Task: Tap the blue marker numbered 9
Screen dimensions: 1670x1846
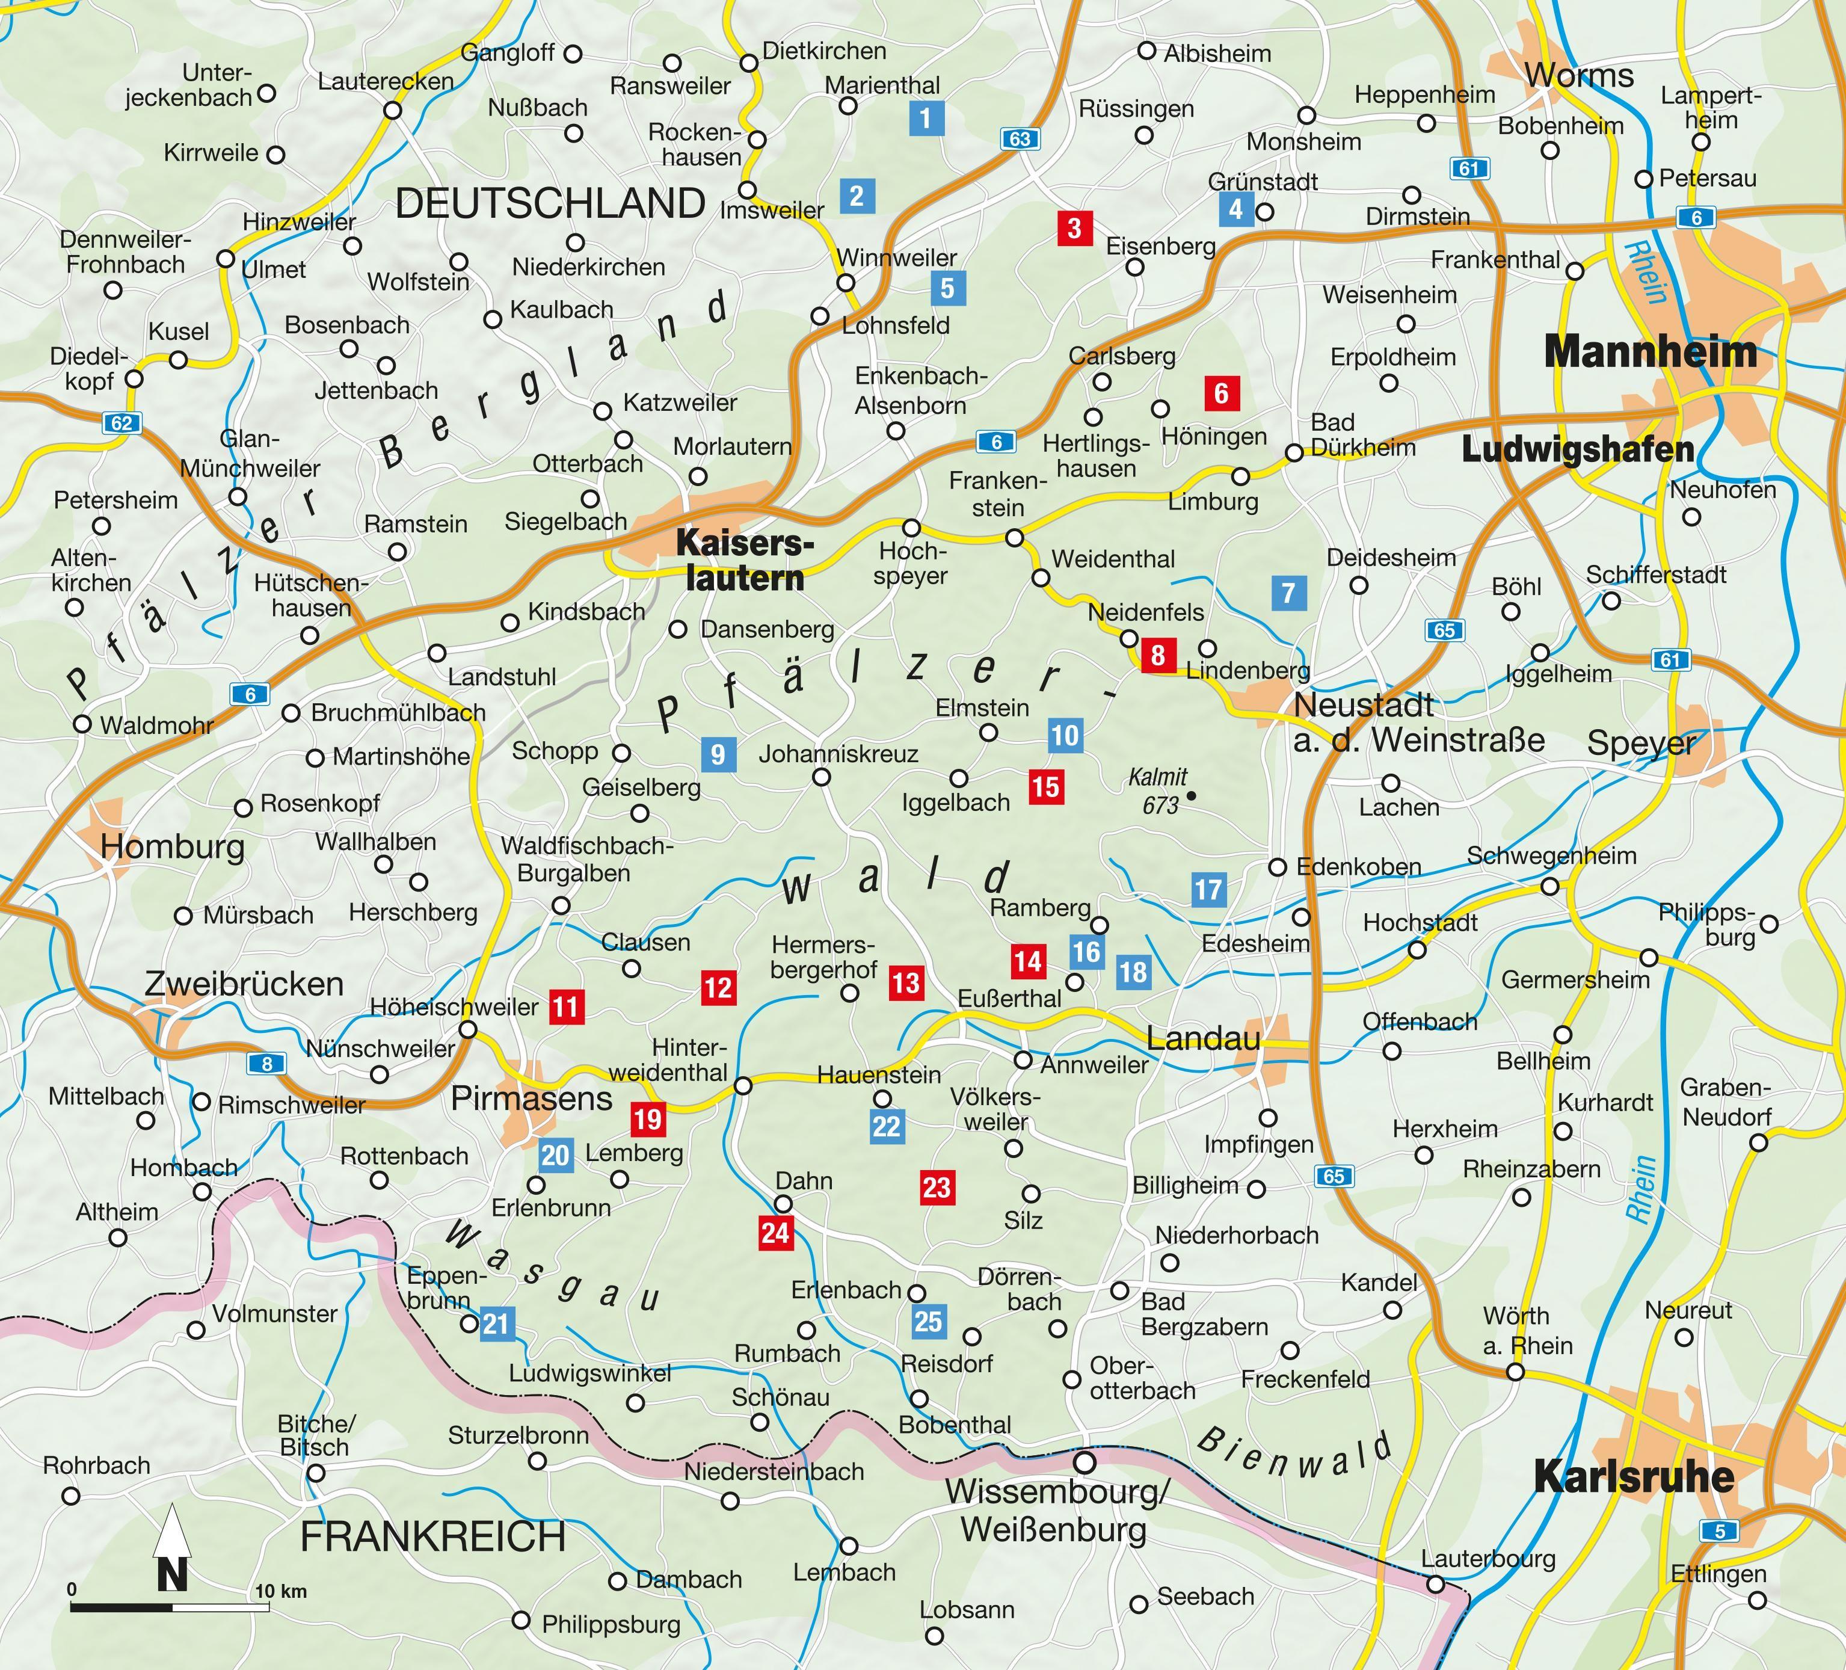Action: (x=718, y=754)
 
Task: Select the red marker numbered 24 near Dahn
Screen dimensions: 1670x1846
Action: (x=775, y=1233)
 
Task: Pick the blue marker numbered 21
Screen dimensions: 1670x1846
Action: (x=496, y=1324)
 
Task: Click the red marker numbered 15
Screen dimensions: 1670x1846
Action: (x=1045, y=786)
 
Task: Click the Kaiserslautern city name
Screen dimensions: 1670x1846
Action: (x=740, y=560)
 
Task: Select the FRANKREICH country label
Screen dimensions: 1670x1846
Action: (x=433, y=1536)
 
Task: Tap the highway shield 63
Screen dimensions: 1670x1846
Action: (x=1020, y=139)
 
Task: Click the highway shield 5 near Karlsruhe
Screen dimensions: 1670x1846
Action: (x=1718, y=1531)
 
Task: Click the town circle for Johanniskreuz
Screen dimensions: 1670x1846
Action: (x=822, y=777)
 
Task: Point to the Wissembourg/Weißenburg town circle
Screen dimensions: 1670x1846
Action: (x=1084, y=1462)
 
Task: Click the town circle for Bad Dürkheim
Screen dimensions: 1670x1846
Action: (x=1294, y=452)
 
